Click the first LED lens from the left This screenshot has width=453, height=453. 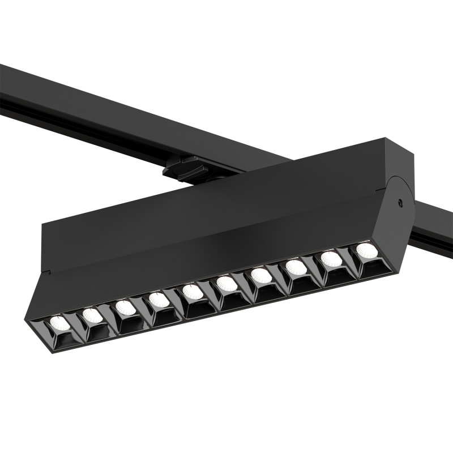pos(58,323)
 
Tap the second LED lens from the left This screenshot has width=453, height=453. pos(92,316)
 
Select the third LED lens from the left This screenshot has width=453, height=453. pos(125,308)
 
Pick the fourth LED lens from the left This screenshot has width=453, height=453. pos(159,300)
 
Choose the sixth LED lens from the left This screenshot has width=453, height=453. pos(226,283)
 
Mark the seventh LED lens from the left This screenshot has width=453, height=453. pos(261,275)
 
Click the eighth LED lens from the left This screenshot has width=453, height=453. pos(296,267)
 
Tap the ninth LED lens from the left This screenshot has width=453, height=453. pos(331,259)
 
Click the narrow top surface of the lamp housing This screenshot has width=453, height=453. pos(226,176)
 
